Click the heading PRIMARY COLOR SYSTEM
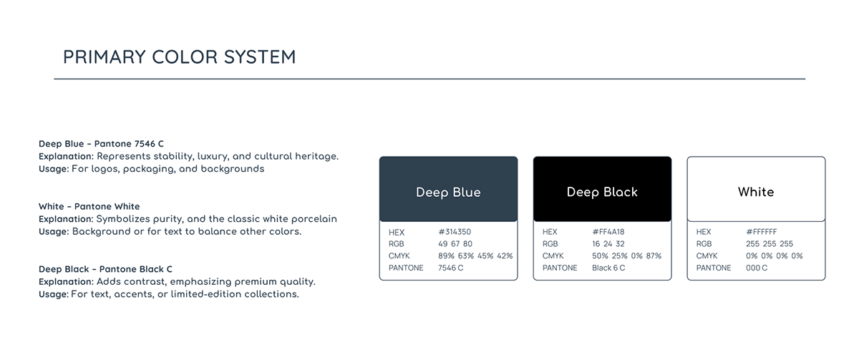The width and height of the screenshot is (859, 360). click(180, 57)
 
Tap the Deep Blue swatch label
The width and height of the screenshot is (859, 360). click(448, 192)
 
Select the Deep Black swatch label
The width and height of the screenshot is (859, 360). click(602, 192)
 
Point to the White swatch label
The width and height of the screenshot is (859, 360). click(756, 192)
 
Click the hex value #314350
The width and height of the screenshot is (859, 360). click(455, 232)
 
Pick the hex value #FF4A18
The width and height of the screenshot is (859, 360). click(608, 232)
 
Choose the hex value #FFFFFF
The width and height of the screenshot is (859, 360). click(761, 232)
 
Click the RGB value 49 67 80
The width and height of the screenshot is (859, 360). click(455, 244)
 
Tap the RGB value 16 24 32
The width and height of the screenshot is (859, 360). click(608, 244)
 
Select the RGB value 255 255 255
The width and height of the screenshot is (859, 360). click(770, 244)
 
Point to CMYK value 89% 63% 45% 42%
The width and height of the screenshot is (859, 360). click(475, 256)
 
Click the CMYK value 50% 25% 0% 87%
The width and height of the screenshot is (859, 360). click(626, 256)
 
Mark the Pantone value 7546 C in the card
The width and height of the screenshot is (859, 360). click(450, 268)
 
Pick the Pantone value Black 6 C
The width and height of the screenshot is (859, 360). click(608, 268)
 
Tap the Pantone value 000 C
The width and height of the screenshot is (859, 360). click(757, 268)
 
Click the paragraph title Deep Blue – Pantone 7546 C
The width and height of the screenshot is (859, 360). click(101, 144)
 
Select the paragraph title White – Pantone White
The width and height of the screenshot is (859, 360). click(89, 206)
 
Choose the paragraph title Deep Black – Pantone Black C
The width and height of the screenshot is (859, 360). click(105, 269)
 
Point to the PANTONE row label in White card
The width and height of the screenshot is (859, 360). click(713, 268)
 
